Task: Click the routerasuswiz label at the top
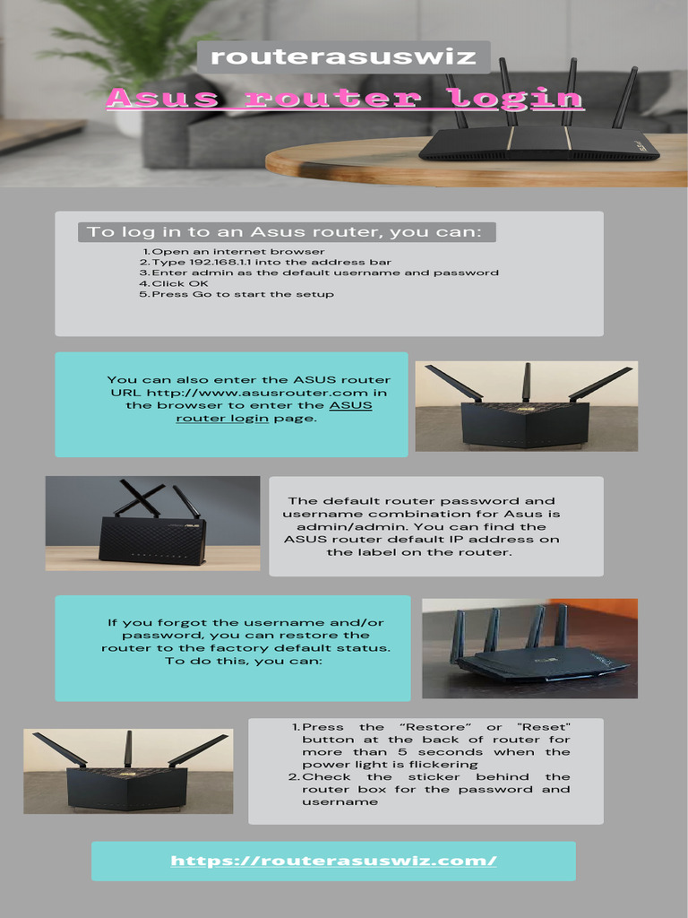[x=343, y=57]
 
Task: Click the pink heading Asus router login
[x=345, y=98]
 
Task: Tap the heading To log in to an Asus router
[x=285, y=232]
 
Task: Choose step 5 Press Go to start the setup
[x=236, y=294]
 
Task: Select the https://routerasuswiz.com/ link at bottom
[x=333, y=861]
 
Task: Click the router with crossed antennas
[x=151, y=529]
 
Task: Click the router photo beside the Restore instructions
[x=127, y=772]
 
